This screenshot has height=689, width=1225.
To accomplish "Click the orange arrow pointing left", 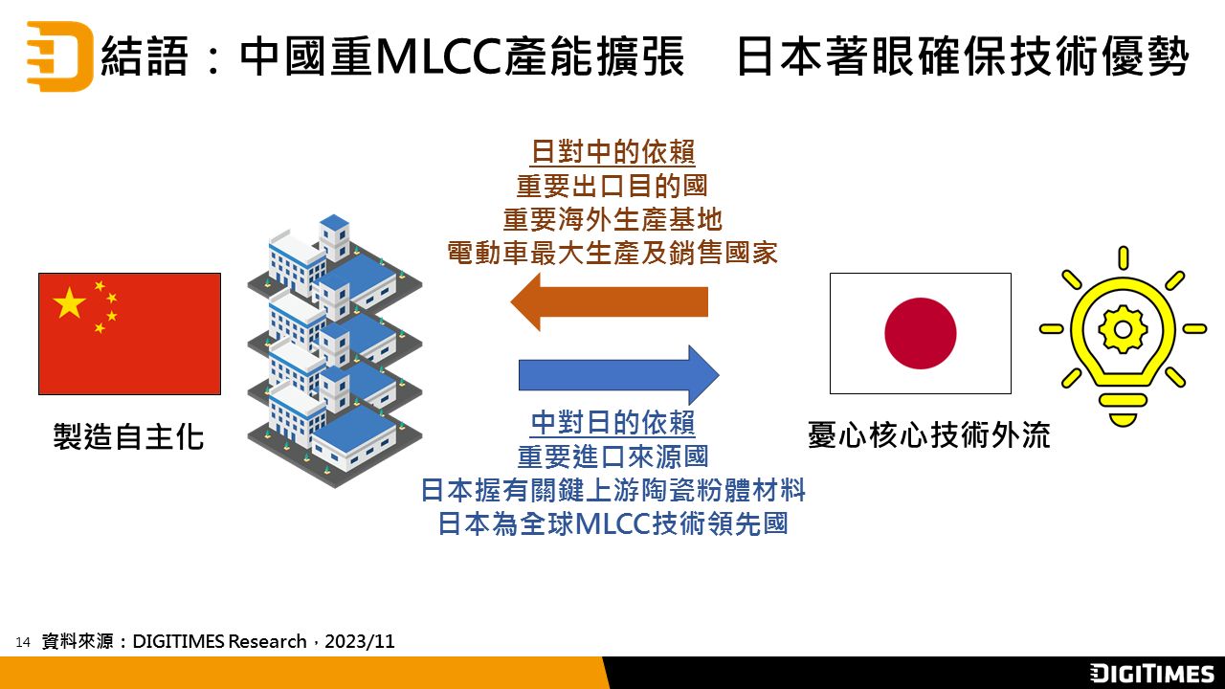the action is click(610, 301).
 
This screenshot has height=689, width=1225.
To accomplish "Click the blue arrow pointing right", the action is click(618, 375).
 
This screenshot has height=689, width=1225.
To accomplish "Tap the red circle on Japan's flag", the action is click(921, 333).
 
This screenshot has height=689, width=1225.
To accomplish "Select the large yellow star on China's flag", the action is click(70, 301).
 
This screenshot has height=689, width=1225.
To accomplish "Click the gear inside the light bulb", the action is click(1123, 329).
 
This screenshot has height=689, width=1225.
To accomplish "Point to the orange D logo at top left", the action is click(59, 56).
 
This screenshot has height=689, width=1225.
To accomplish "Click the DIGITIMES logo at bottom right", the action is click(1151, 673).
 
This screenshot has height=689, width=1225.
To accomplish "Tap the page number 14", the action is click(23, 642).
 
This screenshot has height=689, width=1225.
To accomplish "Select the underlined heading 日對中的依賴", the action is click(613, 151).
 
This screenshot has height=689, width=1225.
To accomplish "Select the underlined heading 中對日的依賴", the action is click(613, 423).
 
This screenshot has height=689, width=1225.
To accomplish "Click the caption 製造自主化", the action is click(128, 436).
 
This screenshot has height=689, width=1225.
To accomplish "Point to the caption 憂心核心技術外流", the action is click(928, 435).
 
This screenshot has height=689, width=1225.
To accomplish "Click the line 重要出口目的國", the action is click(612, 186).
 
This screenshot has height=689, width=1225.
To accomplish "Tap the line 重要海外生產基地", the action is click(612, 220).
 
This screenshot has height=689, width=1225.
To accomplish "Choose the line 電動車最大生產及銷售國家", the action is click(612, 254).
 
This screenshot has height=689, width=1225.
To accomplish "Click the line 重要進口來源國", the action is click(612, 456).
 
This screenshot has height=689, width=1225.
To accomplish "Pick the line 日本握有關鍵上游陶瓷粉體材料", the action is click(612, 490).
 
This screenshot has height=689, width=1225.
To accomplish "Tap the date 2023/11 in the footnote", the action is click(360, 641).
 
